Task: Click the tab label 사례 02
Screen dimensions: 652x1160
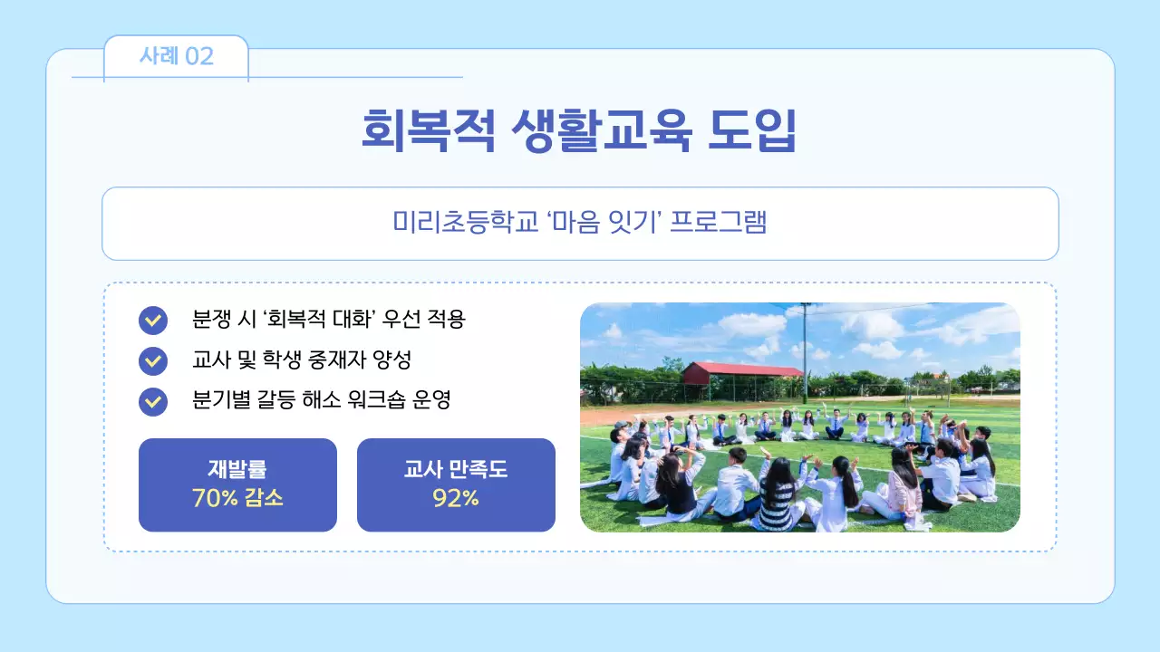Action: point(176,56)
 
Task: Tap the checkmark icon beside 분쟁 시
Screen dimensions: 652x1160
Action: point(153,321)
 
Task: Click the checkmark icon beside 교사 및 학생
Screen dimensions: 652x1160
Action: point(153,361)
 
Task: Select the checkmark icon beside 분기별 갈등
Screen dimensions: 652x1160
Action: point(153,401)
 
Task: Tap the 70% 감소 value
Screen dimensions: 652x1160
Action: point(237,498)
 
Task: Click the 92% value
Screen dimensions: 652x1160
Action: point(456,498)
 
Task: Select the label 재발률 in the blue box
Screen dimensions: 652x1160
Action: point(237,469)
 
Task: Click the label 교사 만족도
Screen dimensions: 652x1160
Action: point(456,469)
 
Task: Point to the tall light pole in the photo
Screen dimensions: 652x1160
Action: point(805,353)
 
